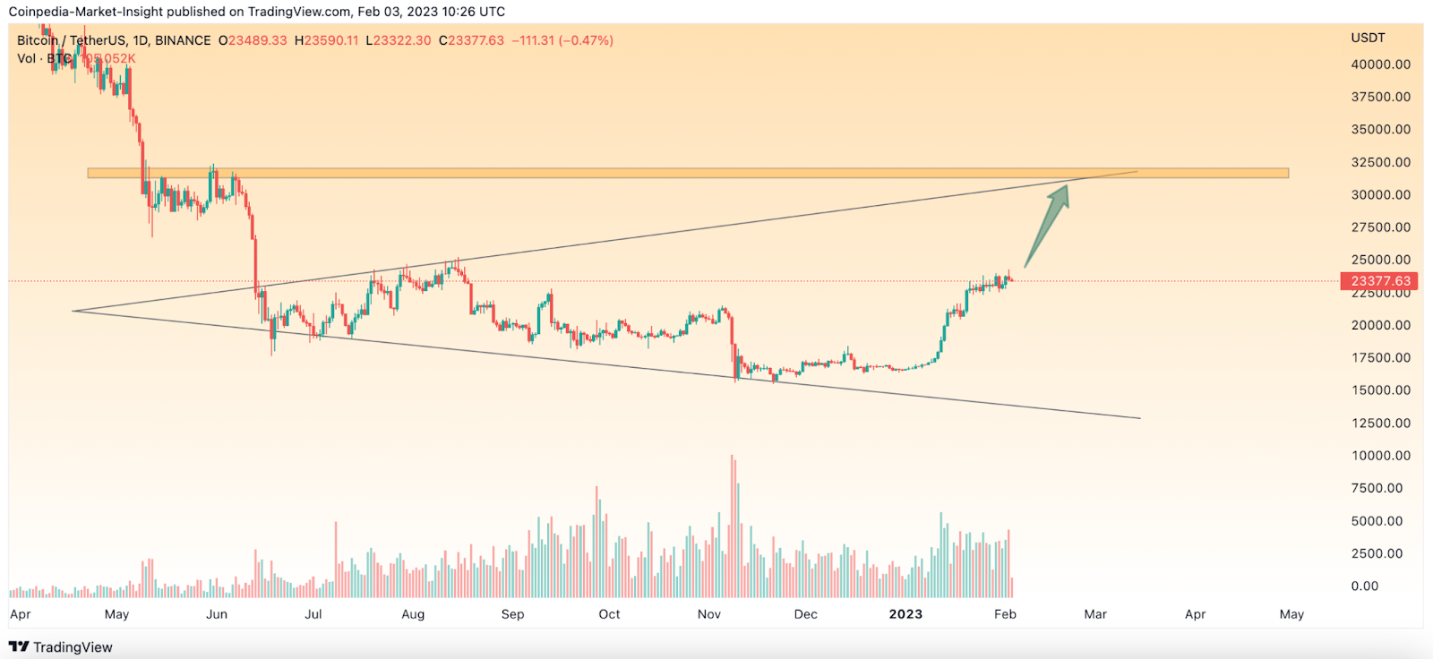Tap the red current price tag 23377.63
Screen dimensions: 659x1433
[x=1380, y=281]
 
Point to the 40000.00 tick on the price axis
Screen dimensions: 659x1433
[x=1380, y=64]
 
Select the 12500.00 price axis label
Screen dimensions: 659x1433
[x=1380, y=423]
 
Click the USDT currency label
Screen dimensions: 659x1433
[x=1368, y=38]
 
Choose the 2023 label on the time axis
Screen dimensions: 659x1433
[x=905, y=614]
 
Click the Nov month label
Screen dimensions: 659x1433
[x=708, y=614]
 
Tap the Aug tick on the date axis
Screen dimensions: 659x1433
[x=413, y=614]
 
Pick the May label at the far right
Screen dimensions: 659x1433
[x=1291, y=614]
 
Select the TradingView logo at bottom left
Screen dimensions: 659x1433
[x=61, y=647]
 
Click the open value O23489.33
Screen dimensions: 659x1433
[x=253, y=40]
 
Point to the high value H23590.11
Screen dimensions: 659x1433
[x=326, y=40]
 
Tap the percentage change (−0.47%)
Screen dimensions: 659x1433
[x=586, y=40]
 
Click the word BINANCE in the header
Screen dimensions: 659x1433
[x=183, y=40]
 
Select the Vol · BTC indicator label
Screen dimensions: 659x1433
[x=44, y=58]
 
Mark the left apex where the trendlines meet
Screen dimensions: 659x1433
[x=73, y=311]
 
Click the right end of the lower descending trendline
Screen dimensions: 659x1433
[x=1139, y=418]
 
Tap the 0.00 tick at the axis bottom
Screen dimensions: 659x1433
[x=1365, y=586]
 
